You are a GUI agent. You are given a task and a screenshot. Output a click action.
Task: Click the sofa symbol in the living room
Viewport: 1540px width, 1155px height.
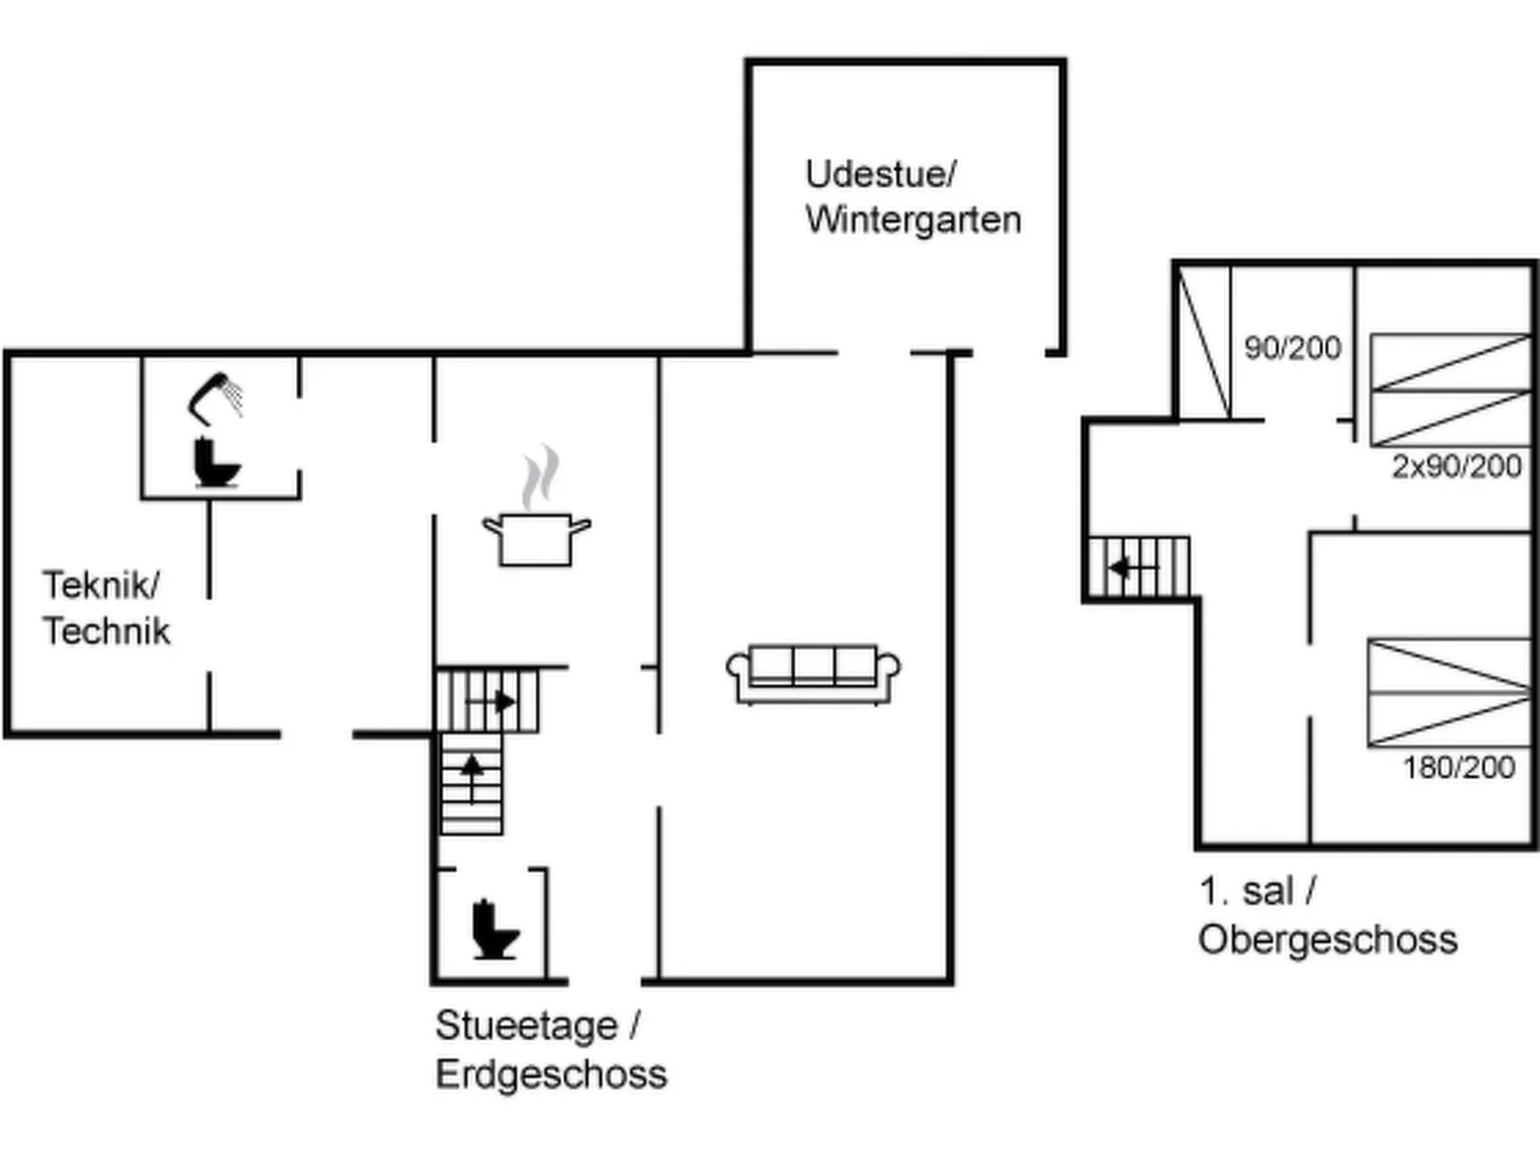(813, 674)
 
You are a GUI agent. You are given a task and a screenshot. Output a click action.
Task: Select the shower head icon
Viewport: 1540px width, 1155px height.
(215, 396)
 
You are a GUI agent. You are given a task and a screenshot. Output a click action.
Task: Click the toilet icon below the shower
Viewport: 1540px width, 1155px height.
(215, 462)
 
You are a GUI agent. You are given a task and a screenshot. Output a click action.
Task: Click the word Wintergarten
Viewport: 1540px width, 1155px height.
(913, 219)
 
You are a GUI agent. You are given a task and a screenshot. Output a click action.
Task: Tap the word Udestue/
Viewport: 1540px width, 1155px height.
(880, 174)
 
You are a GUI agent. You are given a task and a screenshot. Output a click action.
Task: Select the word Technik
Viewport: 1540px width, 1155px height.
(106, 631)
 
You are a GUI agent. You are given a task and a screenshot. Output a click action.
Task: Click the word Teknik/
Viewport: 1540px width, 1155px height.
(101, 585)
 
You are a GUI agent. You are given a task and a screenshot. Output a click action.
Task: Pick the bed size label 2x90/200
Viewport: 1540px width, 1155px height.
(1457, 467)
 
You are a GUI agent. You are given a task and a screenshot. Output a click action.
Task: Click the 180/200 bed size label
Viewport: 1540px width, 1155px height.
(1458, 767)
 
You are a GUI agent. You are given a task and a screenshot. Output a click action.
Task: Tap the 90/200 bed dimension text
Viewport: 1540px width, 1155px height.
(1292, 348)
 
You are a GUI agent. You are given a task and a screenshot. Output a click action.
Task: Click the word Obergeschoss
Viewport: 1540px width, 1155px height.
(1327, 939)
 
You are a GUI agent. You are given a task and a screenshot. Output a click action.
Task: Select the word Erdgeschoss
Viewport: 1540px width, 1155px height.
(550, 1074)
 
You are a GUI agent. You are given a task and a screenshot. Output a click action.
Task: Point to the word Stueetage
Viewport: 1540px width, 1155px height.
(526, 1026)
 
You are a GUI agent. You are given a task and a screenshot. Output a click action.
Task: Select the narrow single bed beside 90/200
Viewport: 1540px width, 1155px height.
(1203, 342)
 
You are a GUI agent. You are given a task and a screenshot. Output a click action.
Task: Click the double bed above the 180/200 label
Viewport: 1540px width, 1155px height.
(1448, 691)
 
